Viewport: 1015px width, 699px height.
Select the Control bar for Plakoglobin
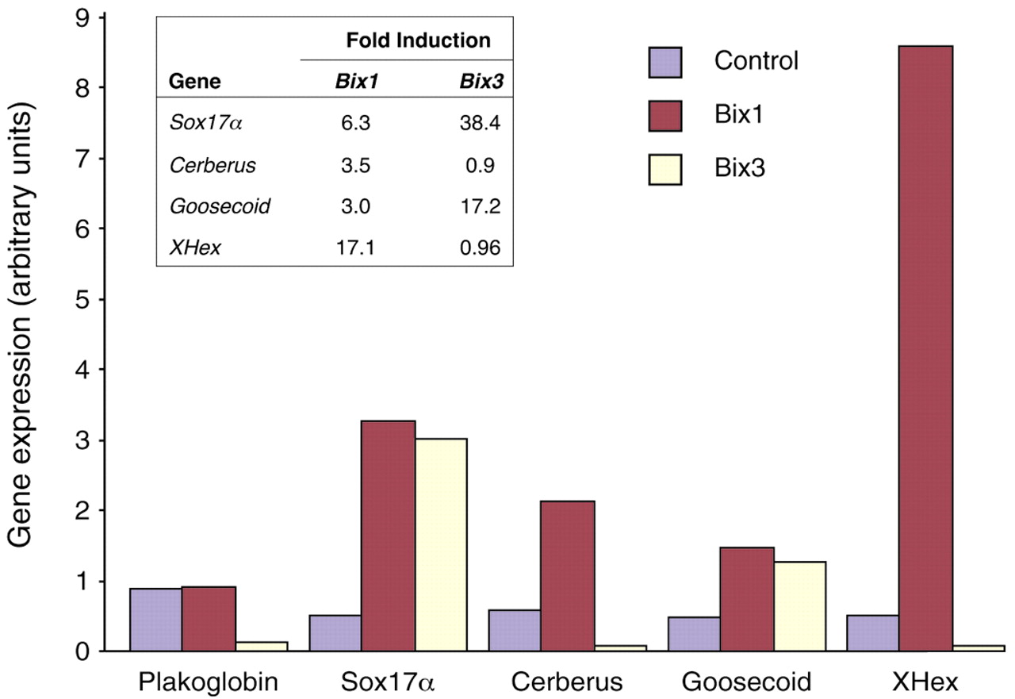pos(156,620)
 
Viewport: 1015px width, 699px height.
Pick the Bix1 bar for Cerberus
pos(568,576)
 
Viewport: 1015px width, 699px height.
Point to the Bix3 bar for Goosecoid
pos(800,606)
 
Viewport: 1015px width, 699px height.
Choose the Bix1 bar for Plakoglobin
pos(209,619)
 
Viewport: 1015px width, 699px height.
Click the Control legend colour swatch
pos(665,61)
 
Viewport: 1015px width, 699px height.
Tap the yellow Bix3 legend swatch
pos(665,168)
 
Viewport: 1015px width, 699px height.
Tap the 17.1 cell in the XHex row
pos(354,248)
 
